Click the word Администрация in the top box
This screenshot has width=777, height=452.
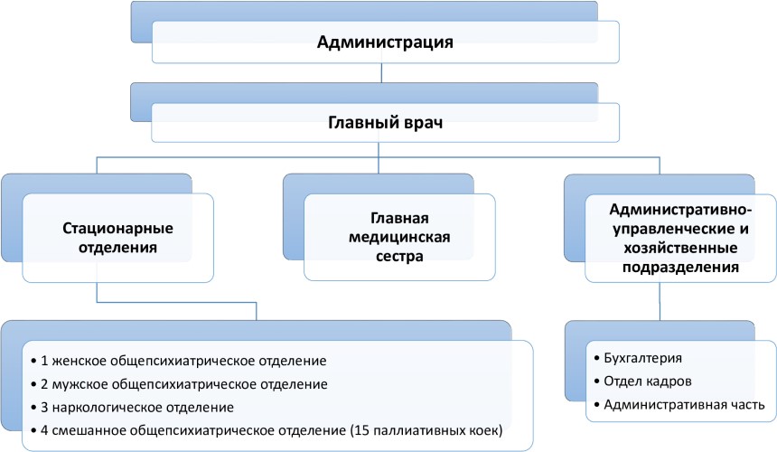coord(385,42)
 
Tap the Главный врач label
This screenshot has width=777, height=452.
coord(385,122)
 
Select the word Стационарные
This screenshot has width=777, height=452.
coord(118,229)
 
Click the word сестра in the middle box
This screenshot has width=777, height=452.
coord(399,256)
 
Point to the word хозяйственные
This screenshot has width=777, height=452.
coord(680,248)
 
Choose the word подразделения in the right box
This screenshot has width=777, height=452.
coord(680,268)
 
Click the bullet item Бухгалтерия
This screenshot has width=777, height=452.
coord(642,358)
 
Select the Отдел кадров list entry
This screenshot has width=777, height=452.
coord(648,381)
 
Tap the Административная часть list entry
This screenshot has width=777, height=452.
coord(684,405)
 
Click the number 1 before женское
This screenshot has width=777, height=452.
coord(44,361)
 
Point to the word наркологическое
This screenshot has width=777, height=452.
coord(107,408)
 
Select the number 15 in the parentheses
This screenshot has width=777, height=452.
coord(361,430)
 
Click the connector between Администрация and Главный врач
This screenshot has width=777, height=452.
coord(381,73)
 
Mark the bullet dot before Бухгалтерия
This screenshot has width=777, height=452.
coord(596,358)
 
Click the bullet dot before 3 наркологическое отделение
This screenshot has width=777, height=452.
coord(33,408)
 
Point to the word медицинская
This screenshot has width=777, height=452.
coord(399,238)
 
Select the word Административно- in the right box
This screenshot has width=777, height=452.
coord(680,210)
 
